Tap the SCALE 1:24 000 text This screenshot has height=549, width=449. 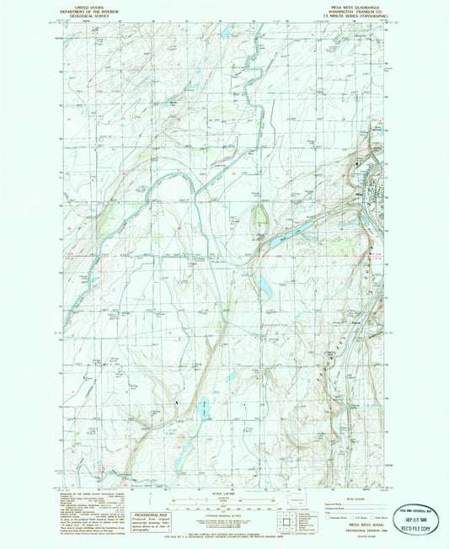click(x=223, y=493)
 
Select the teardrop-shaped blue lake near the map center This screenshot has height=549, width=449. click(x=265, y=288)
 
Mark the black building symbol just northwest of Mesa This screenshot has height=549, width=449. click(x=356, y=162)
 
